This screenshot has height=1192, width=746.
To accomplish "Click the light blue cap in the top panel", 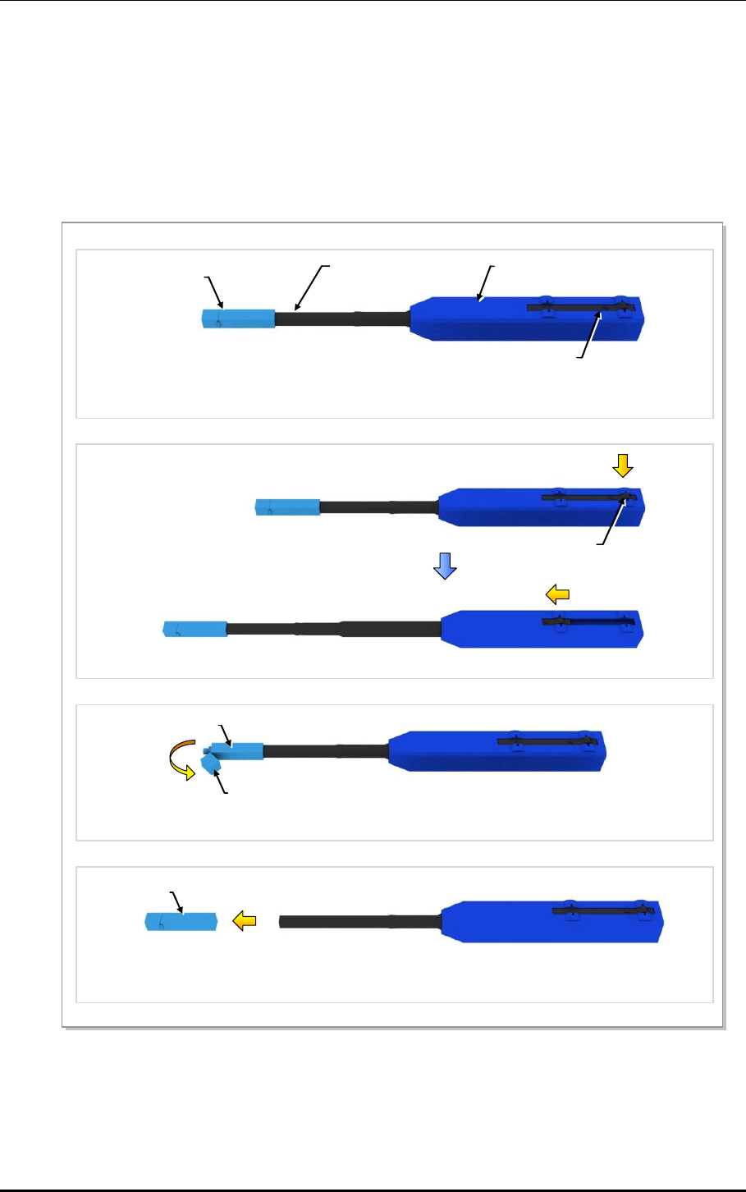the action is pyautogui.click(x=238, y=319).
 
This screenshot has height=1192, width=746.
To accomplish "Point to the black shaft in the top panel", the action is pyautogui.click(x=341, y=319).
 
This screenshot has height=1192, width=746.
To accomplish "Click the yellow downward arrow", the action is pyautogui.click(x=623, y=465).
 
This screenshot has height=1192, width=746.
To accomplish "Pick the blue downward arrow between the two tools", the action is pyautogui.click(x=445, y=565).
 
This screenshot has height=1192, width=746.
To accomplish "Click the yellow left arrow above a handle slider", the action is pyautogui.click(x=558, y=594).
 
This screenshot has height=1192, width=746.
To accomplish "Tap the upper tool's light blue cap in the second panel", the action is pyautogui.click(x=287, y=507).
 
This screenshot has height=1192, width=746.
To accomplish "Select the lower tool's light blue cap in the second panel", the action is pyautogui.click(x=195, y=629).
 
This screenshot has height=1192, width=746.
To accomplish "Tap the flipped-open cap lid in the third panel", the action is pyautogui.click(x=212, y=767).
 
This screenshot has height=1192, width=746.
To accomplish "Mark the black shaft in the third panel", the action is pyautogui.click(x=324, y=751).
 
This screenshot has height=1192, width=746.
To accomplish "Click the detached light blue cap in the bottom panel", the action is pyautogui.click(x=181, y=921).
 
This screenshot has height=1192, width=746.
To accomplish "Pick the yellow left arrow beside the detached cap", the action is pyautogui.click(x=245, y=921).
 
